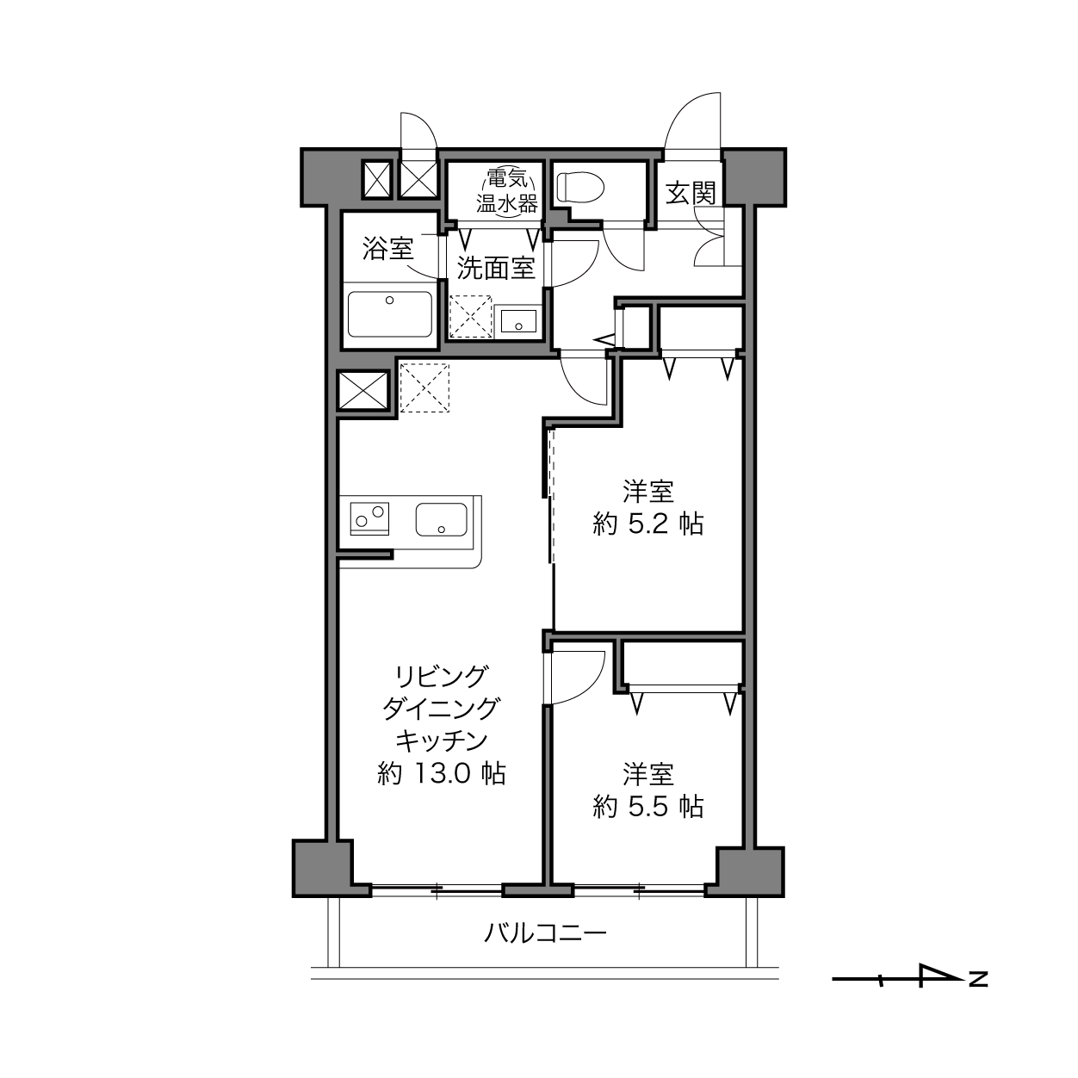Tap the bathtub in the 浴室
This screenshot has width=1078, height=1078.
[390, 313]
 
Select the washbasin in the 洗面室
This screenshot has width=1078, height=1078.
[518, 321]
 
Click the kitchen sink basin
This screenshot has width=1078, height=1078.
[442, 519]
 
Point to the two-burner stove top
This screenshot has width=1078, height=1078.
[369, 518]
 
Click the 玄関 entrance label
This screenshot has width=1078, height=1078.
[691, 193]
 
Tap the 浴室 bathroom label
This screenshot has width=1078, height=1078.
[387, 248]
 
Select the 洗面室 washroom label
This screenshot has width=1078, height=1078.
[496, 268]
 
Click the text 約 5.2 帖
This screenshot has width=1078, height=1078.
[647, 524]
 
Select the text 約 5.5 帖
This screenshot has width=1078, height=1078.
[647, 807]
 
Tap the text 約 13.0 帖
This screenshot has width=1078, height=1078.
[442, 774]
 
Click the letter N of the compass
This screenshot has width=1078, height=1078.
[978, 980]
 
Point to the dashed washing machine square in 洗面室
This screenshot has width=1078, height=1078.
[470, 317]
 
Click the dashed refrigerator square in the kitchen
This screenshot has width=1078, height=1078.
[424, 388]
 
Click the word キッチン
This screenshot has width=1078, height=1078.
[442, 741]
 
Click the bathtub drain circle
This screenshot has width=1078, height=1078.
[389, 300]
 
